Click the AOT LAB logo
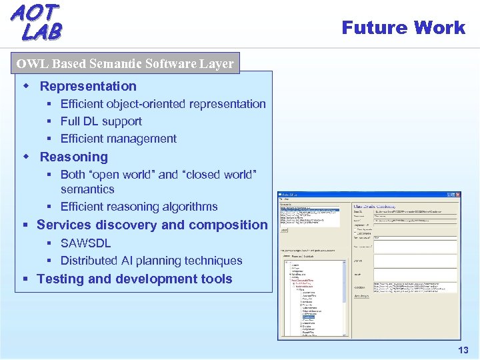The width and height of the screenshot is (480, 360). click(37, 22)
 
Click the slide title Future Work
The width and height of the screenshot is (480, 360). click(403, 27)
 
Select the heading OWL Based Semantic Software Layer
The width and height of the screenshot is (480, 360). click(125, 64)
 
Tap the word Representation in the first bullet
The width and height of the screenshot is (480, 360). click(88, 86)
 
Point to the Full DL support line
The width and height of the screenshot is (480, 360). click(101, 121)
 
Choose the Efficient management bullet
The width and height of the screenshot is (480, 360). click(118, 139)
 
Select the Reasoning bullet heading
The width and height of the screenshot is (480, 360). click(73, 157)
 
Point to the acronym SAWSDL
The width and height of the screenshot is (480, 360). click(85, 243)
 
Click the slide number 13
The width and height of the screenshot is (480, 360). click(463, 351)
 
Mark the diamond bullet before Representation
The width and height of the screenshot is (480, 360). click(27, 86)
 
